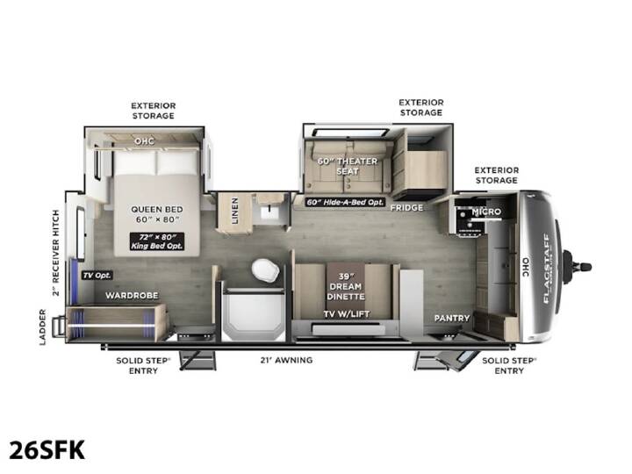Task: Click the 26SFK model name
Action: click(47, 450)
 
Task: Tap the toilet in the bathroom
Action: click(266, 269)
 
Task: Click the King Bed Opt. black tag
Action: click(157, 241)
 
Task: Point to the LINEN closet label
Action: click(235, 211)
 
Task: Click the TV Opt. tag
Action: click(97, 276)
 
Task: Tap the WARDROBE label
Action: click(132, 296)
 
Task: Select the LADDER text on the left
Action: click(43, 327)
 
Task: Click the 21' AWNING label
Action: click(286, 360)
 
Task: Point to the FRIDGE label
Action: click(406, 207)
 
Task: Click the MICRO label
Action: click(486, 212)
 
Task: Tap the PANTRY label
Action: click(452, 318)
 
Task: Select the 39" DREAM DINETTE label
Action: click(346, 286)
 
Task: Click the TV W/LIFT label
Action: click(347, 314)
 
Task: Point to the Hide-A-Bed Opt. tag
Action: click(345, 203)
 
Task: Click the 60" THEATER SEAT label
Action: click(348, 166)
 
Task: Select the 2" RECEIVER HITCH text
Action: click(55, 253)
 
